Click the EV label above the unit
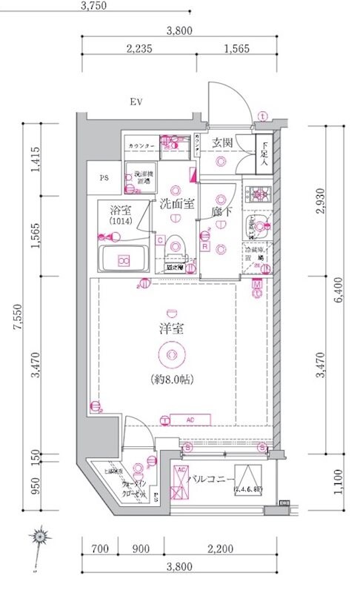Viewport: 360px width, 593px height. point(136,102)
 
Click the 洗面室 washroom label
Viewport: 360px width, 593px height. point(176,202)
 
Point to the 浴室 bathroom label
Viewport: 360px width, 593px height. point(117,210)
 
